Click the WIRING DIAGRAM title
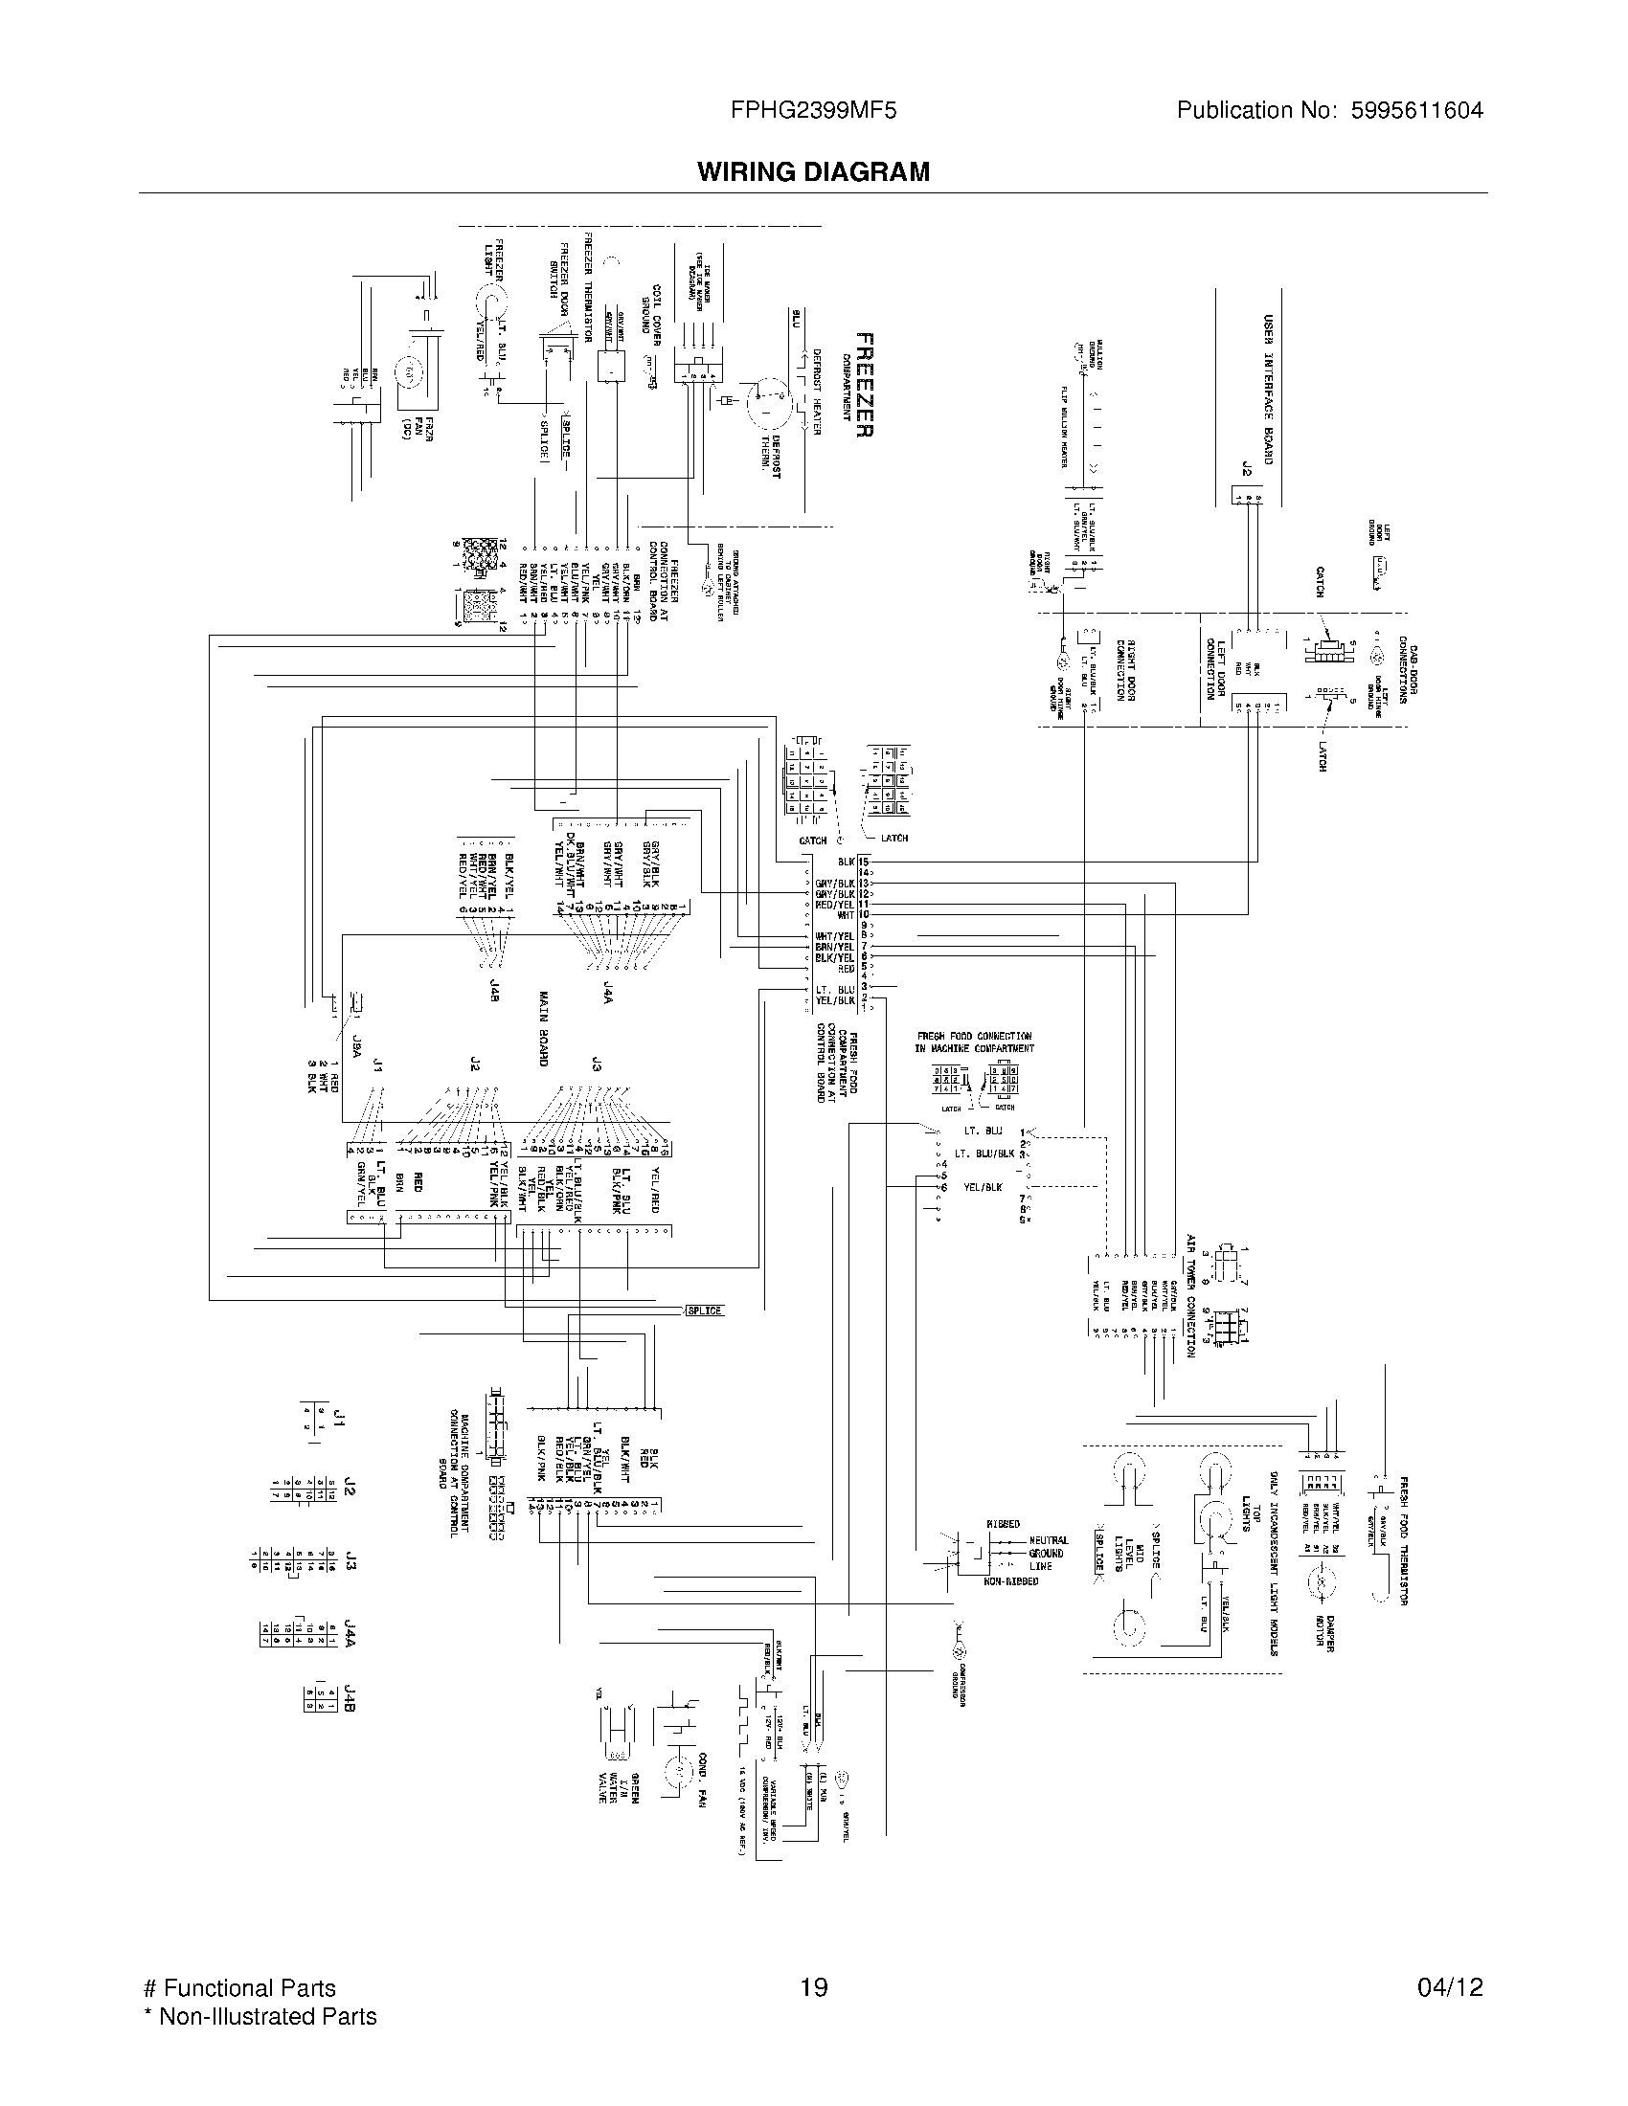813,171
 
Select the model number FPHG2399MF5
813,110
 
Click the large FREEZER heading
865,385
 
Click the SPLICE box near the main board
704,1311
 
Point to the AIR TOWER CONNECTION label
1191,1295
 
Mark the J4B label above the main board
494,989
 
